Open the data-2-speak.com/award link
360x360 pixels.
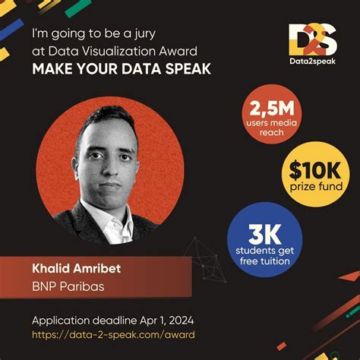(x=113, y=334)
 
